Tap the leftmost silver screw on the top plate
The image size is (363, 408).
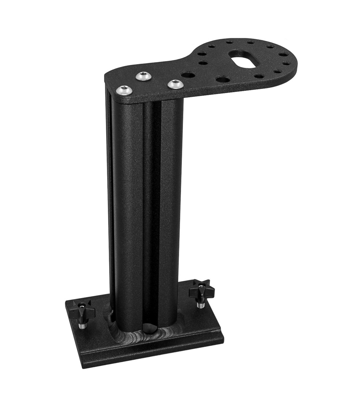[x=124, y=90]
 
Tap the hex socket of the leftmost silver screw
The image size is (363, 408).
[x=124, y=90]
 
